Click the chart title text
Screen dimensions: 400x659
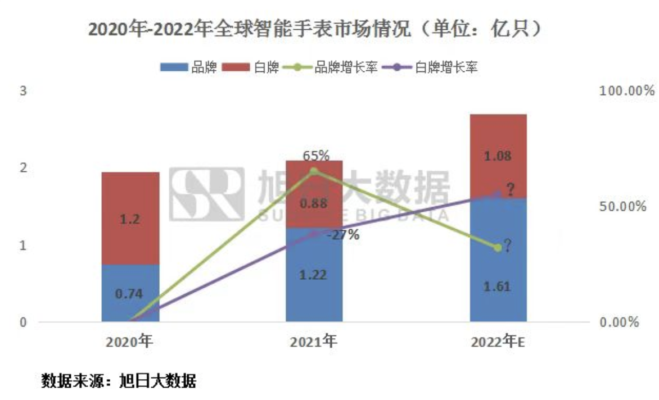point(315,29)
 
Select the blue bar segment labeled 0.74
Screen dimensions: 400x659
point(130,293)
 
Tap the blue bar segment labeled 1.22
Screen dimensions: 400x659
point(314,275)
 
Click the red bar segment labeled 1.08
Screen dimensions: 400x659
point(498,156)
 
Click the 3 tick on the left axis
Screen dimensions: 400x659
point(24,91)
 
